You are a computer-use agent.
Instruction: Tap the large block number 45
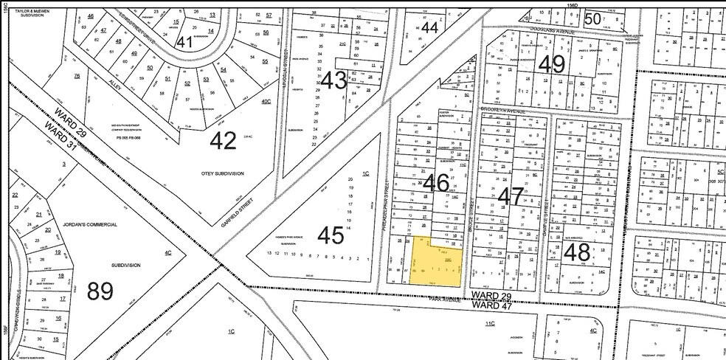point(331,235)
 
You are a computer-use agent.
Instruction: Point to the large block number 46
point(436,182)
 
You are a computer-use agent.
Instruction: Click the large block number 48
point(576,253)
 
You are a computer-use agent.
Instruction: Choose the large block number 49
point(551,65)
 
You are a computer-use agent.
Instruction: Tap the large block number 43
point(334,80)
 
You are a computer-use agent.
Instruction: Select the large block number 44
point(429,28)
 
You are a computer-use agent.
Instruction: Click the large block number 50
point(592,19)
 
